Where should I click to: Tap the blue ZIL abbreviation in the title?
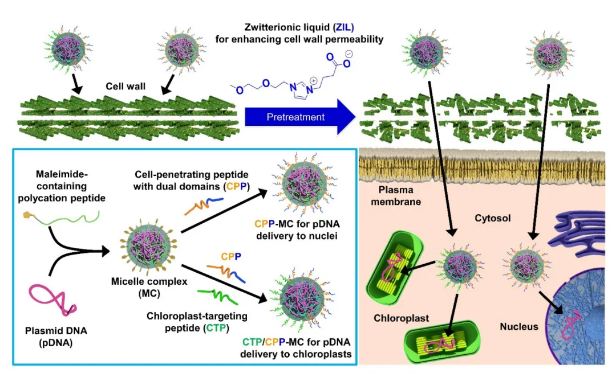[x=344, y=27]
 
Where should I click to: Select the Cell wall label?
[x=125, y=87]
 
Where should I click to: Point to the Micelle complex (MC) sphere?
[x=148, y=248]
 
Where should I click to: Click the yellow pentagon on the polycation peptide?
[x=27, y=215]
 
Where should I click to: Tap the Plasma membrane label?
[x=396, y=196]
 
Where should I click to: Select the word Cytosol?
[x=493, y=218]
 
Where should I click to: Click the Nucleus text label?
[x=518, y=326]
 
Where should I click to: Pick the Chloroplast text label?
[x=401, y=318]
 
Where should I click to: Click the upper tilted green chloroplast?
[x=395, y=268]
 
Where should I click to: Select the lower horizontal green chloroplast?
[x=442, y=341]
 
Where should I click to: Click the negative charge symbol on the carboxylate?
[x=348, y=54]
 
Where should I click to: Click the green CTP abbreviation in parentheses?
[x=216, y=328]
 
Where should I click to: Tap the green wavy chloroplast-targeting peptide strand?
[x=217, y=296]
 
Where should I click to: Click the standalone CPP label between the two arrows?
[x=231, y=257]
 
